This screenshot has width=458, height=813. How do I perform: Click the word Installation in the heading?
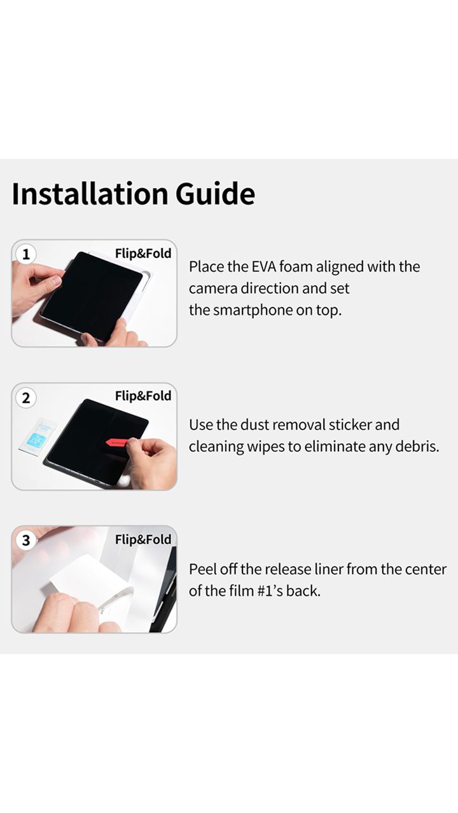pyautogui.click(x=90, y=194)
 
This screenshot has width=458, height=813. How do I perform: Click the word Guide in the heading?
pyautogui.click(x=215, y=194)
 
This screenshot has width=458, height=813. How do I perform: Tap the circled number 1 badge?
pyautogui.click(x=26, y=254)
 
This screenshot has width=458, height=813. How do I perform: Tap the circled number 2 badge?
pyautogui.click(x=26, y=398)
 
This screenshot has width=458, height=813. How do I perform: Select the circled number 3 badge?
pyautogui.click(x=26, y=541)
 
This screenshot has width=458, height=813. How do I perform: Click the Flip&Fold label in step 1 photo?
pyautogui.click(x=143, y=253)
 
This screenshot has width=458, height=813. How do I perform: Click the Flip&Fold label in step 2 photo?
pyautogui.click(x=143, y=396)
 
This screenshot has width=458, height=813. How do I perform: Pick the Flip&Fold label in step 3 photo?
pyautogui.click(x=143, y=539)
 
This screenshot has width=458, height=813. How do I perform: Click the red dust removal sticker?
pyautogui.click(x=117, y=443)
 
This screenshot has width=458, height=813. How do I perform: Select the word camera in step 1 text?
pyautogui.click(x=212, y=289)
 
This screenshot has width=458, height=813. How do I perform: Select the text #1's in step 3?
pyautogui.click(x=270, y=591)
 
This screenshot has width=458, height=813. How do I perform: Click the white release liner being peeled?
pyautogui.click(x=83, y=577)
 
